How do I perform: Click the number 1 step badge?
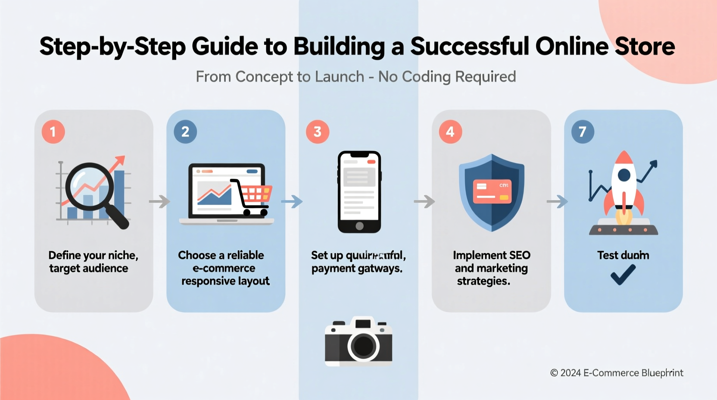click(x=53, y=131)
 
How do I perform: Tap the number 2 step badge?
click(x=185, y=131)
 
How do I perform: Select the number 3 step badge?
click(x=318, y=131)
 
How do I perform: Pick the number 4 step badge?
click(x=450, y=131)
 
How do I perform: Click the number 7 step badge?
click(x=583, y=131)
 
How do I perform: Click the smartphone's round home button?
click(x=359, y=226)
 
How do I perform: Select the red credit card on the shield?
click(x=492, y=191)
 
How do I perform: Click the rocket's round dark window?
click(x=624, y=175)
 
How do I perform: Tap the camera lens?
click(x=363, y=346)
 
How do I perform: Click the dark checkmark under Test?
click(x=623, y=275)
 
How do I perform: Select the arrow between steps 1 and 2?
click(x=160, y=201)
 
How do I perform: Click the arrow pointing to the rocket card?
click(x=557, y=201)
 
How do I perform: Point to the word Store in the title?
click(x=645, y=47)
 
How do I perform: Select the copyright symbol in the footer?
click(x=554, y=373)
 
